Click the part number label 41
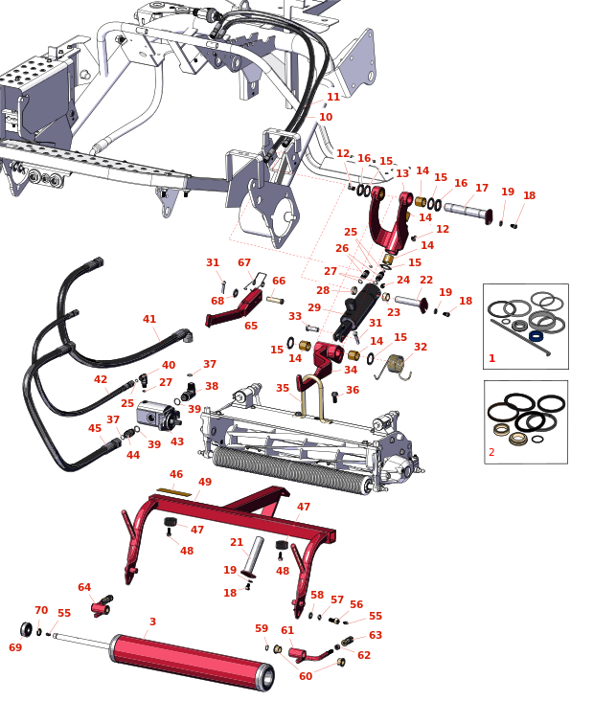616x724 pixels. coord(148,319)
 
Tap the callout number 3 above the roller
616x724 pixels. coord(152,622)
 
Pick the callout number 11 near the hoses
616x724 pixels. coord(333,97)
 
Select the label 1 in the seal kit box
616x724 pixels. coord(492,358)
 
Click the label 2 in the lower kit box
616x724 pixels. coord(492,452)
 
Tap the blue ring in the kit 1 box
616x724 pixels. coord(536,336)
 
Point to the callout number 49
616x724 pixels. coord(205,482)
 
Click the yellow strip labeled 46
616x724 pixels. coord(174,491)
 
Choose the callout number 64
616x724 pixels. coord(84,587)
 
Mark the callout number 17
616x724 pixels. coord(482,188)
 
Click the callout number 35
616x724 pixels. coord(283,388)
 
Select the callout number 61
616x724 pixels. coord(287,630)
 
